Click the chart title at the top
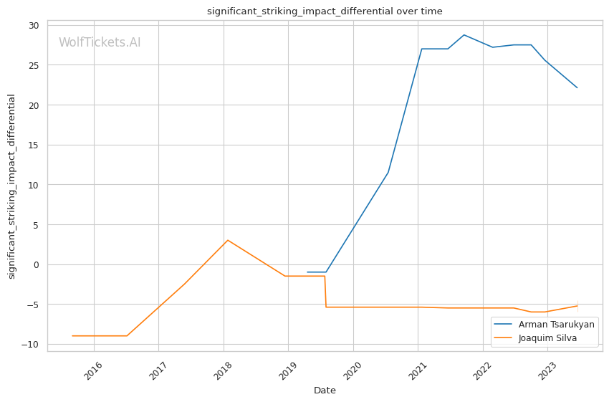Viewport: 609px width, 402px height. [325, 11]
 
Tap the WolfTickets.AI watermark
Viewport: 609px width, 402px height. [100, 43]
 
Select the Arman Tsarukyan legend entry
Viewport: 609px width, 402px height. [556, 325]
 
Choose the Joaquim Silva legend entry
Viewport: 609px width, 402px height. [547, 338]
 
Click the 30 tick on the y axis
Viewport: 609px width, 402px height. [34, 25]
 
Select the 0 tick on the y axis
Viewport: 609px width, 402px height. [37, 264]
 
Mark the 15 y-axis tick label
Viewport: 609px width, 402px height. [34, 145]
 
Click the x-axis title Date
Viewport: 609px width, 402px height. [325, 391]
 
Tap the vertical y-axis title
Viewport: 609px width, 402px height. [11, 186]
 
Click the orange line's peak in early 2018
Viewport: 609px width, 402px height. [228, 240]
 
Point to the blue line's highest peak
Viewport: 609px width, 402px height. [464, 34]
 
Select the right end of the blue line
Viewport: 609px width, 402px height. [577, 87]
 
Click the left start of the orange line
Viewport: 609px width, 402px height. [72, 336]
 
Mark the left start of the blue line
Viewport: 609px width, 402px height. [307, 272]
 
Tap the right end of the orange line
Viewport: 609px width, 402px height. [577, 306]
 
